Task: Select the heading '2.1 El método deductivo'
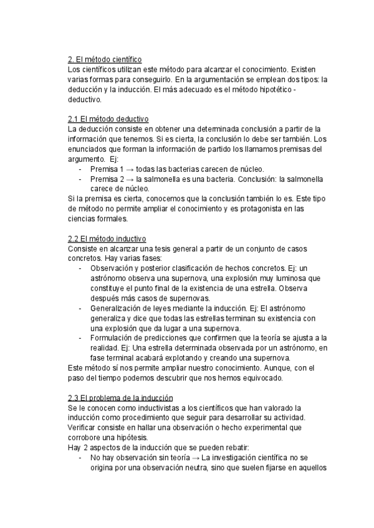107,119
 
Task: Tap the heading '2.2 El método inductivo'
107,238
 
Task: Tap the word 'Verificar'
82,428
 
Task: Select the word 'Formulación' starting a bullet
113,338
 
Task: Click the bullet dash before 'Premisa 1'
80,169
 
